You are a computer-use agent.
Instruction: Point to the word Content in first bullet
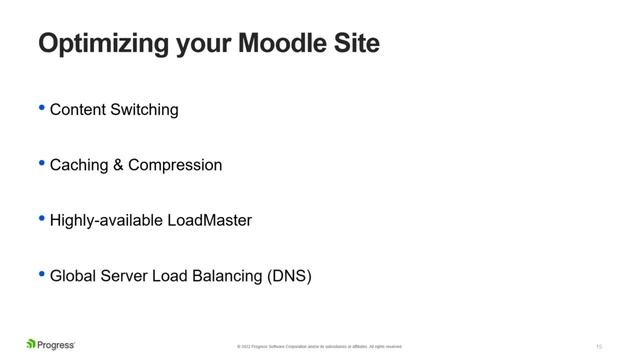78,110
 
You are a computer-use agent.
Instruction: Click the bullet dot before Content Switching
41,108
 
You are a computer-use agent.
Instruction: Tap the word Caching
79,165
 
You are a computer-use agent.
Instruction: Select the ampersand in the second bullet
119,165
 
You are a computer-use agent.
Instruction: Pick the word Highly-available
106,220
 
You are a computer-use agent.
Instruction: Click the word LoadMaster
209,220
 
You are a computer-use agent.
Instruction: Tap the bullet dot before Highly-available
41,218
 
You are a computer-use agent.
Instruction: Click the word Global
72,275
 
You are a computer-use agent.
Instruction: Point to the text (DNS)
290,275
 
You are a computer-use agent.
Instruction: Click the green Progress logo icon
31,345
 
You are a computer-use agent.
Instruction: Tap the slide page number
598,346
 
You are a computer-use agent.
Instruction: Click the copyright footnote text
319,347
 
